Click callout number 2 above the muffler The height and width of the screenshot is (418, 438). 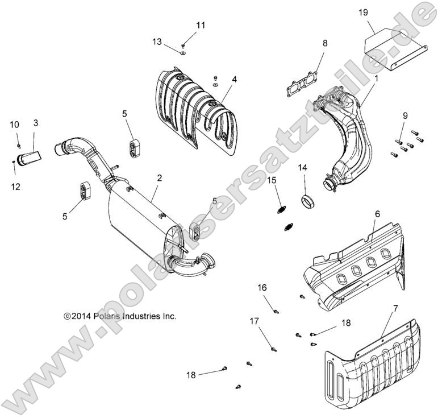160,178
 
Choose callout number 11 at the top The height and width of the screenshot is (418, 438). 201,25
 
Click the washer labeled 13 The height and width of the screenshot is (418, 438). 182,53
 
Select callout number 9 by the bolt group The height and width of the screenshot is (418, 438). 404,116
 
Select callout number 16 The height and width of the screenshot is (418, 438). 262,287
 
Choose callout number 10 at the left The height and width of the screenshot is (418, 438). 15,125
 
